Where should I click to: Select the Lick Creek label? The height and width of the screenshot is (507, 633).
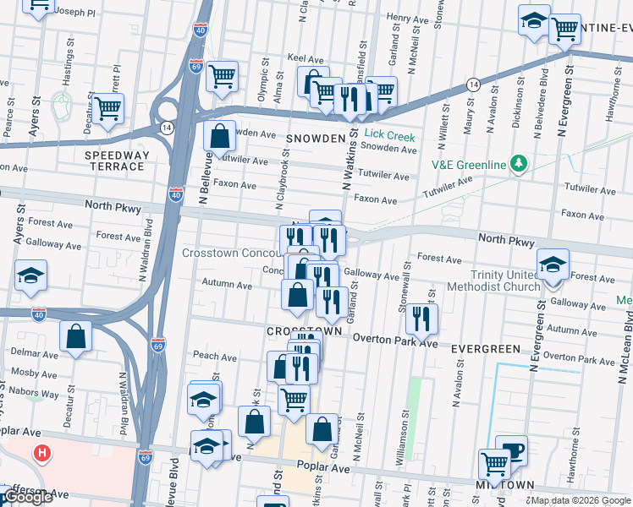click(389, 134)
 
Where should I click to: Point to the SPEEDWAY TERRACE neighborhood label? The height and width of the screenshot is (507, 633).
click(117, 161)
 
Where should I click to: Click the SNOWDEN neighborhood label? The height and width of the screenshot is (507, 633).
click(316, 139)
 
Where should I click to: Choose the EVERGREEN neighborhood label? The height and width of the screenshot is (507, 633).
click(485, 348)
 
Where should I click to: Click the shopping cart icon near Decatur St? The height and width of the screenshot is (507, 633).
click(108, 108)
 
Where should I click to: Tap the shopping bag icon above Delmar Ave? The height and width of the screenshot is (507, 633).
click(76, 335)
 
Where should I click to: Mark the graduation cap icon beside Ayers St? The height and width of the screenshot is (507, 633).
click(30, 275)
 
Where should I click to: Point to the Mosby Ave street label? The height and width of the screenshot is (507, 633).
click(34, 372)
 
